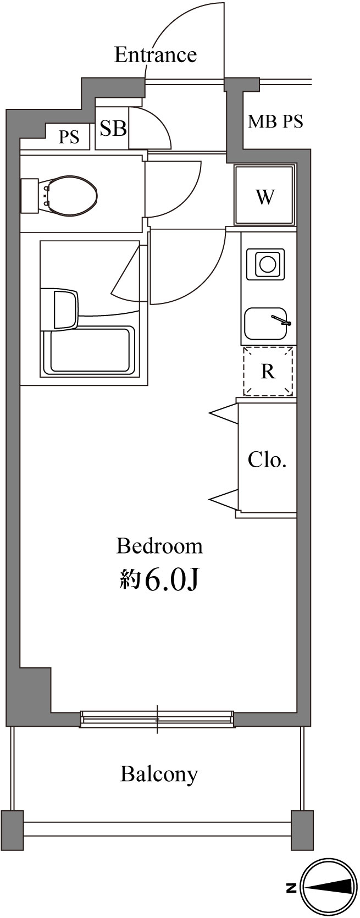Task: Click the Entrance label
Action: [155, 55]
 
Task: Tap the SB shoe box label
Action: [113, 128]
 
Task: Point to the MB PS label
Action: [275, 121]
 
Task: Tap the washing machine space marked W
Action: [265, 196]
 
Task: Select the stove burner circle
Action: [267, 264]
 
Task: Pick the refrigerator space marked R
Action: [268, 372]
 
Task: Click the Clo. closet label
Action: [267, 459]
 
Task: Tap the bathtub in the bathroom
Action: [92, 350]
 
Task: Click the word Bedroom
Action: [159, 546]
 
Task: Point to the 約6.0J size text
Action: [159, 579]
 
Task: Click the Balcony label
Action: [159, 773]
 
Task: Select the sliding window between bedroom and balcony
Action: [157, 718]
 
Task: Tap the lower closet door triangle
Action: [224, 500]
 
